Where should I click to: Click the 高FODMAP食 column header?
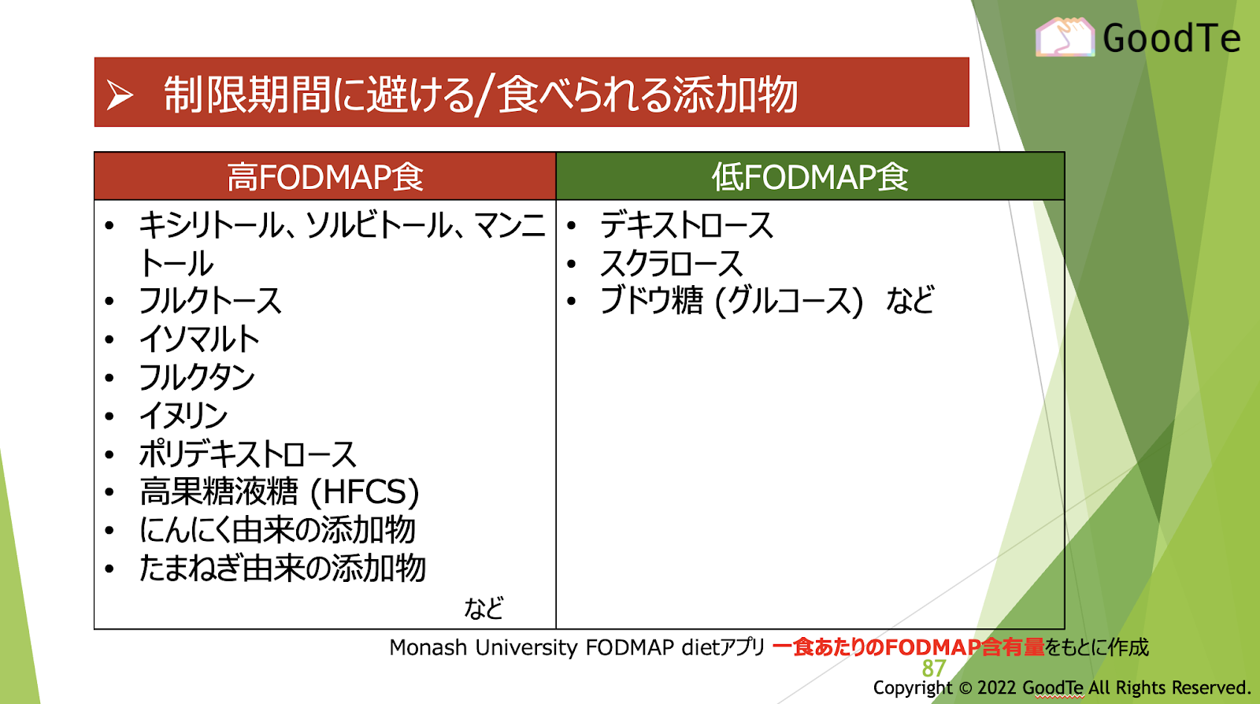[325, 176]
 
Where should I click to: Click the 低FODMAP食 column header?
[810, 176]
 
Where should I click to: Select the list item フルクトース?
[209, 301]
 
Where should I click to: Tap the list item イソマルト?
[199, 339]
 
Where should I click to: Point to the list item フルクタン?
[197, 377]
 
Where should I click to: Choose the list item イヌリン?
[183, 416]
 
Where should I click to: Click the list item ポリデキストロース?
[247, 454]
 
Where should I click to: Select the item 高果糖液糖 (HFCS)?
[279, 492]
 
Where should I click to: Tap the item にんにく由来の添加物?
[277, 530]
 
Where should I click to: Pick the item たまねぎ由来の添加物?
[282, 569]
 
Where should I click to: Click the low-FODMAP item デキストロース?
[686, 225]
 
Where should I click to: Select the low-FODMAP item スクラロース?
[672, 263]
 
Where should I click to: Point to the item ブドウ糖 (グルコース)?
[732, 301]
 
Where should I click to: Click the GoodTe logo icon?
[1065, 37]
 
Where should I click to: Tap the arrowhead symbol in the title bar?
[120, 94]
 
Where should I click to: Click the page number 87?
[934, 669]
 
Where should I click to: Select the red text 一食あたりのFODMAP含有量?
[909, 647]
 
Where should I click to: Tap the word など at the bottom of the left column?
[484, 608]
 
